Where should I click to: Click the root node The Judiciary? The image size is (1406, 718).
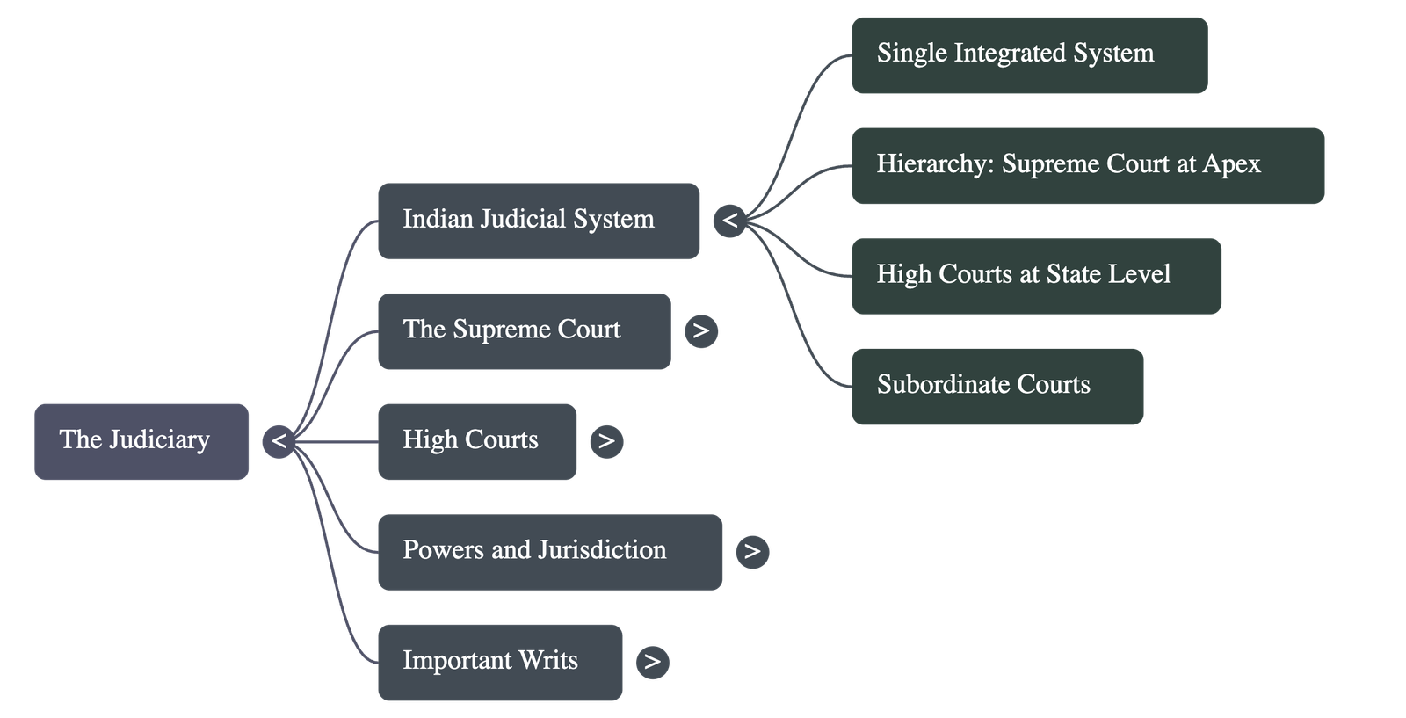point(141,441)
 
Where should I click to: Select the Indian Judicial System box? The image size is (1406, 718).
point(538,221)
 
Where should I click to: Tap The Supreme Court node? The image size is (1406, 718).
point(524,331)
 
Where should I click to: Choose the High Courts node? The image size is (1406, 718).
point(476,441)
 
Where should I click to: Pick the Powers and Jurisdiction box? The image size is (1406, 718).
point(549,552)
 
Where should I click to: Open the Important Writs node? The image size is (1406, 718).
point(499,662)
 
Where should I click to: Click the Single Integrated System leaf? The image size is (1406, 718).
point(1028,54)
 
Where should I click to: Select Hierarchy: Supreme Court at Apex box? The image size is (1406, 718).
point(1087,165)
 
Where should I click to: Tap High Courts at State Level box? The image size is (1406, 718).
point(1035,276)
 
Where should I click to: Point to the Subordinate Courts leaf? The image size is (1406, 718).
point(997,387)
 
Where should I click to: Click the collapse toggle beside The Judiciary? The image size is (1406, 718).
point(279,441)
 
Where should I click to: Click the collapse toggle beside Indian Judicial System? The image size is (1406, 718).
point(729,221)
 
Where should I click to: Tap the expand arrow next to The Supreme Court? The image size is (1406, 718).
point(700,331)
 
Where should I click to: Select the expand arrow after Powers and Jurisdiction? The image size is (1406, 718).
point(752,552)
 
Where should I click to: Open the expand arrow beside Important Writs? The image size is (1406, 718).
point(651,662)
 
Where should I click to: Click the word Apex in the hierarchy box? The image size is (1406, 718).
point(1231,165)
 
